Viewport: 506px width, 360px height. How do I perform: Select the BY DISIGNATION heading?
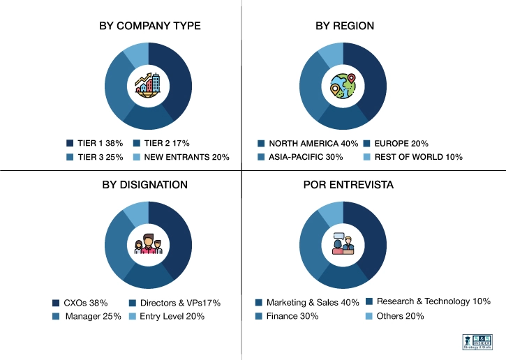click(x=145, y=185)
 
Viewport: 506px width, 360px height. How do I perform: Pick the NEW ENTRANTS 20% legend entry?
click(x=180, y=157)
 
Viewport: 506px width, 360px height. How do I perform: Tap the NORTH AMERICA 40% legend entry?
click(x=308, y=143)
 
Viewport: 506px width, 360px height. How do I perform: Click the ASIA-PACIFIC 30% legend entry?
click(x=300, y=157)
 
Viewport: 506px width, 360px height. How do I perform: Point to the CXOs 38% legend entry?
click(x=80, y=303)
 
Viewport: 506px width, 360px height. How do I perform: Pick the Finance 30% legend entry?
click(x=287, y=316)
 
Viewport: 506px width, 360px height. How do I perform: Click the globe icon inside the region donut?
click(x=343, y=87)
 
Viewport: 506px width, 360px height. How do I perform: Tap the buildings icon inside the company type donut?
click(x=148, y=87)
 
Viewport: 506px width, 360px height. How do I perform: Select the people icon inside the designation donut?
click(x=148, y=245)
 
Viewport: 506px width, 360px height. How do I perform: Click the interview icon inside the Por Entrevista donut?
click(x=343, y=245)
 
